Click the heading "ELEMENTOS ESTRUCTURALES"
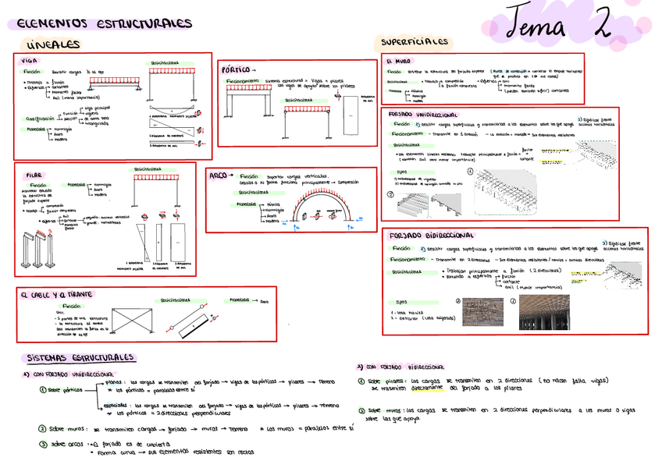point(104,23)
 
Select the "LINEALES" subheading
point(52,45)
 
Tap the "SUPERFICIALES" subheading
point(415,41)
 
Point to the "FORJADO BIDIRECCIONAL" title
point(429,236)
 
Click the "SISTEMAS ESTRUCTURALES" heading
point(82,358)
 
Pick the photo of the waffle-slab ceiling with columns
point(543,312)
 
